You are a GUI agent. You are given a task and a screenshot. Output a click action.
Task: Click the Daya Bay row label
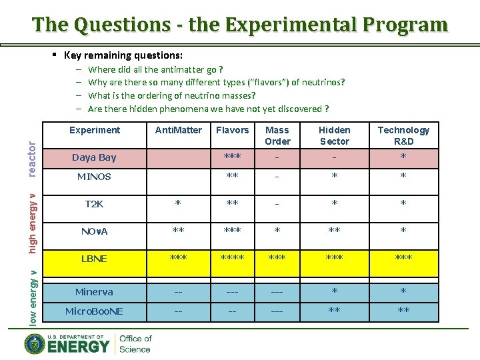coord(94,157)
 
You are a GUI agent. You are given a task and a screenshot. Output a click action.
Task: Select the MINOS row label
coord(94,177)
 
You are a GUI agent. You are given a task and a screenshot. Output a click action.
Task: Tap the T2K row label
coord(94,204)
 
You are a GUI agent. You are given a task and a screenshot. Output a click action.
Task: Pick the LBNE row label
coord(94,259)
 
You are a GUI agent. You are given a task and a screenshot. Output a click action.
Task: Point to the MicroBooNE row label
coord(94,311)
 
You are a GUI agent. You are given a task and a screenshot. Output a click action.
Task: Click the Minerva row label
coord(94,292)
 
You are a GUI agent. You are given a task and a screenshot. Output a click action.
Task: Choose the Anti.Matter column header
coord(178,130)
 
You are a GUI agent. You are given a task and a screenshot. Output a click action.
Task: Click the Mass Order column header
coord(277,135)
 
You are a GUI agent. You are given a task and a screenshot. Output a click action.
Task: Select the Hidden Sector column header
coord(334,135)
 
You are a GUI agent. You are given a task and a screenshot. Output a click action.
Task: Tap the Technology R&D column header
coord(403,135)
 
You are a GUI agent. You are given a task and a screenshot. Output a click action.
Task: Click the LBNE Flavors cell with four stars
coord(232,259)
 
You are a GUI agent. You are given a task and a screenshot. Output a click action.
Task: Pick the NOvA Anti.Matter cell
coord(178,231)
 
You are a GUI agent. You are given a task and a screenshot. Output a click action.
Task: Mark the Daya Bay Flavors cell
coord(232,157)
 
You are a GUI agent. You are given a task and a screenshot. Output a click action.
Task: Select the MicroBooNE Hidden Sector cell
coord(334,311)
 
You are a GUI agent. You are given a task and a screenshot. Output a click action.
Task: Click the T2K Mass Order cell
coord(277,204)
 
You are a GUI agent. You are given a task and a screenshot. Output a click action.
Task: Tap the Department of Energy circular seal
coord(35,344)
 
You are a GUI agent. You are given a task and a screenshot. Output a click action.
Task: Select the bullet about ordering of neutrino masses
coord(172,95)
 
